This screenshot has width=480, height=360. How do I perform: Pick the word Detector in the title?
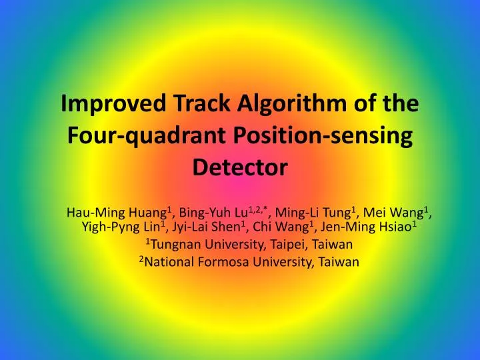[239, 167]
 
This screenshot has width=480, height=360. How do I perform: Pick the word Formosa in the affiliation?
[223, 262]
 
